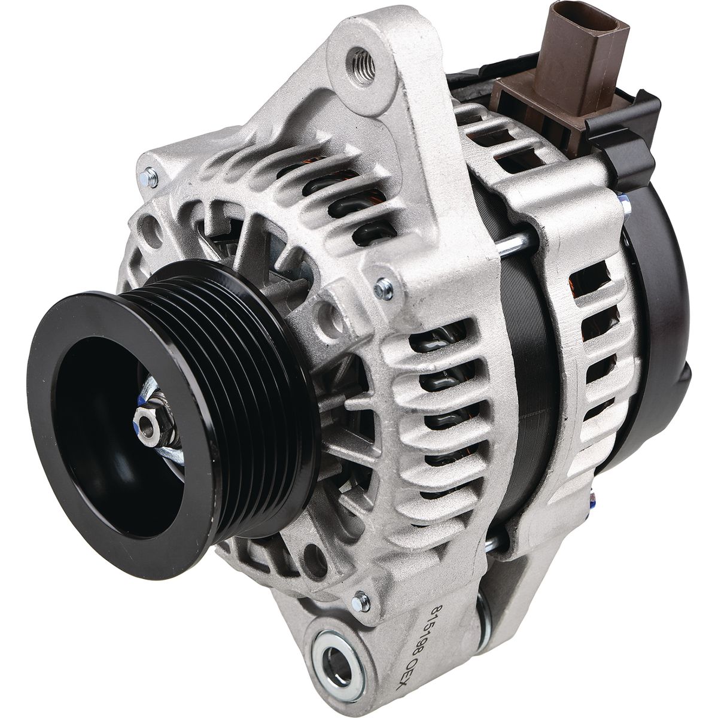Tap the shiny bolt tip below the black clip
(x=625, y=206)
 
